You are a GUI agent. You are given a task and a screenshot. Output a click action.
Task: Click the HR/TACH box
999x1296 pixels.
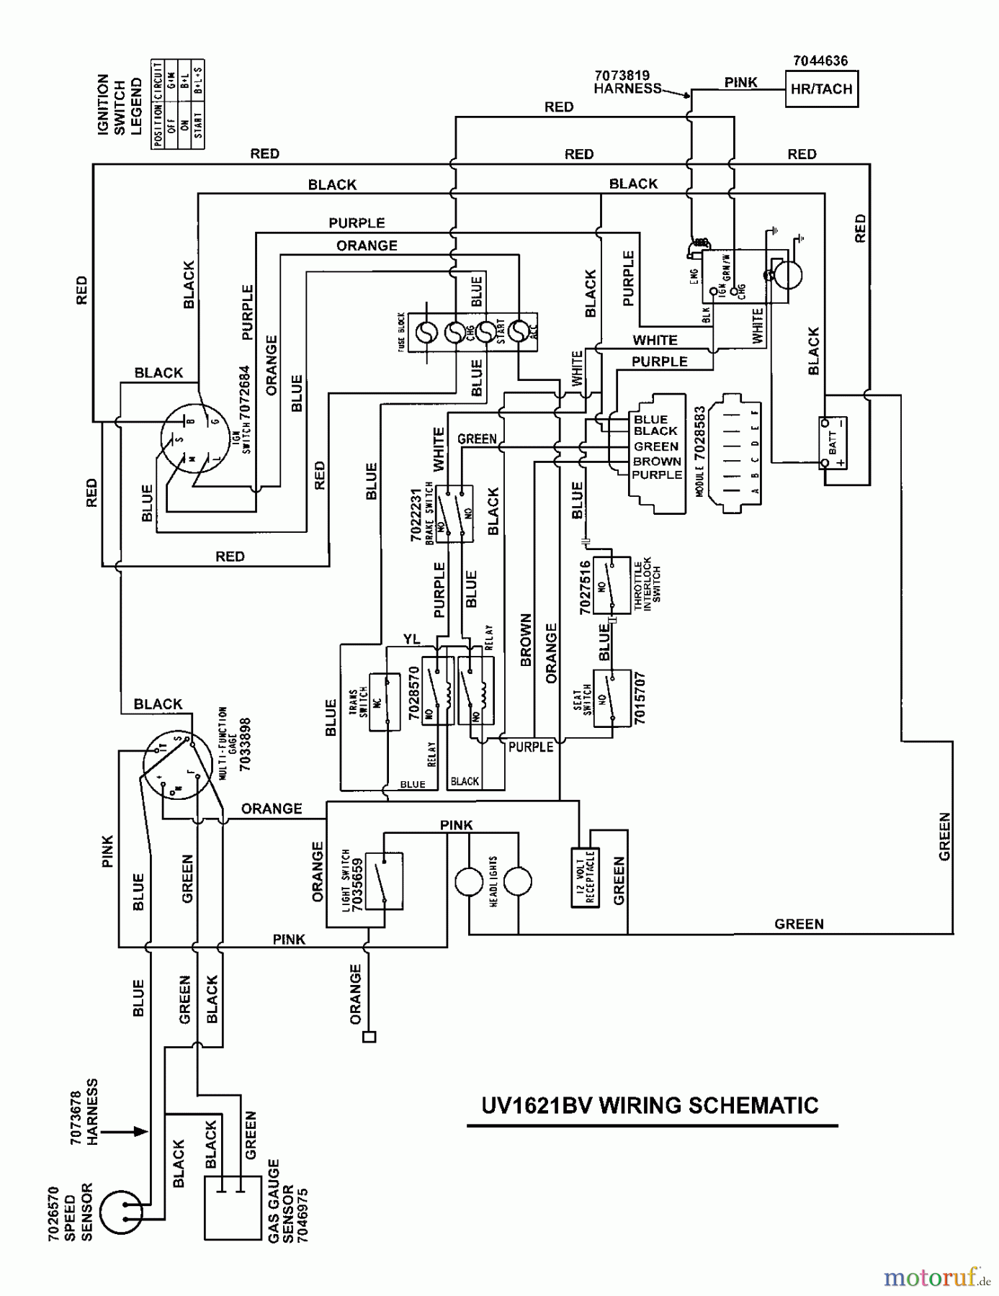coord(821,89)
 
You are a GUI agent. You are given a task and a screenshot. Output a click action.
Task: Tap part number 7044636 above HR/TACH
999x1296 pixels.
coord(820,61)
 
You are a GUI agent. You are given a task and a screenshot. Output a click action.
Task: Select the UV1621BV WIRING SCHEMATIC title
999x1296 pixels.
coord(650,1105)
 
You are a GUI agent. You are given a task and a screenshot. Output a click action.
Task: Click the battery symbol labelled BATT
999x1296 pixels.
coord(833,442)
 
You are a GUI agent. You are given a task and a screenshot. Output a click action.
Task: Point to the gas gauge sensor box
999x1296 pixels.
coord(232,1207)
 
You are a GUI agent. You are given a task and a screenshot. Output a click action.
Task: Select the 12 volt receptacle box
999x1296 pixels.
coord(585,878)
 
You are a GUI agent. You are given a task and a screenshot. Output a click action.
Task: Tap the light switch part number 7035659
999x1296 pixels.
coord(357,883)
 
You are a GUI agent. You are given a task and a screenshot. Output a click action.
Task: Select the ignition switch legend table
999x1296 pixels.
coord(178,104)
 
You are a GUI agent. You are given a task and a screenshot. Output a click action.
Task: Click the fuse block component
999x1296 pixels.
coord(472,332)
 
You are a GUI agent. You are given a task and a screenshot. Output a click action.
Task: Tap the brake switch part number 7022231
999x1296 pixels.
coord(416,515)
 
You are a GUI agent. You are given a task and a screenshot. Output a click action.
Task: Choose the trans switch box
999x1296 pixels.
coord(384,702)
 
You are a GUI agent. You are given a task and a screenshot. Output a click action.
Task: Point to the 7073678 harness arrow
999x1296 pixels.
coord(130,1131)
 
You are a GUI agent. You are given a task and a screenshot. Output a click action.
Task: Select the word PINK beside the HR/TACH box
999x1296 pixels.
coord(740,82)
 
